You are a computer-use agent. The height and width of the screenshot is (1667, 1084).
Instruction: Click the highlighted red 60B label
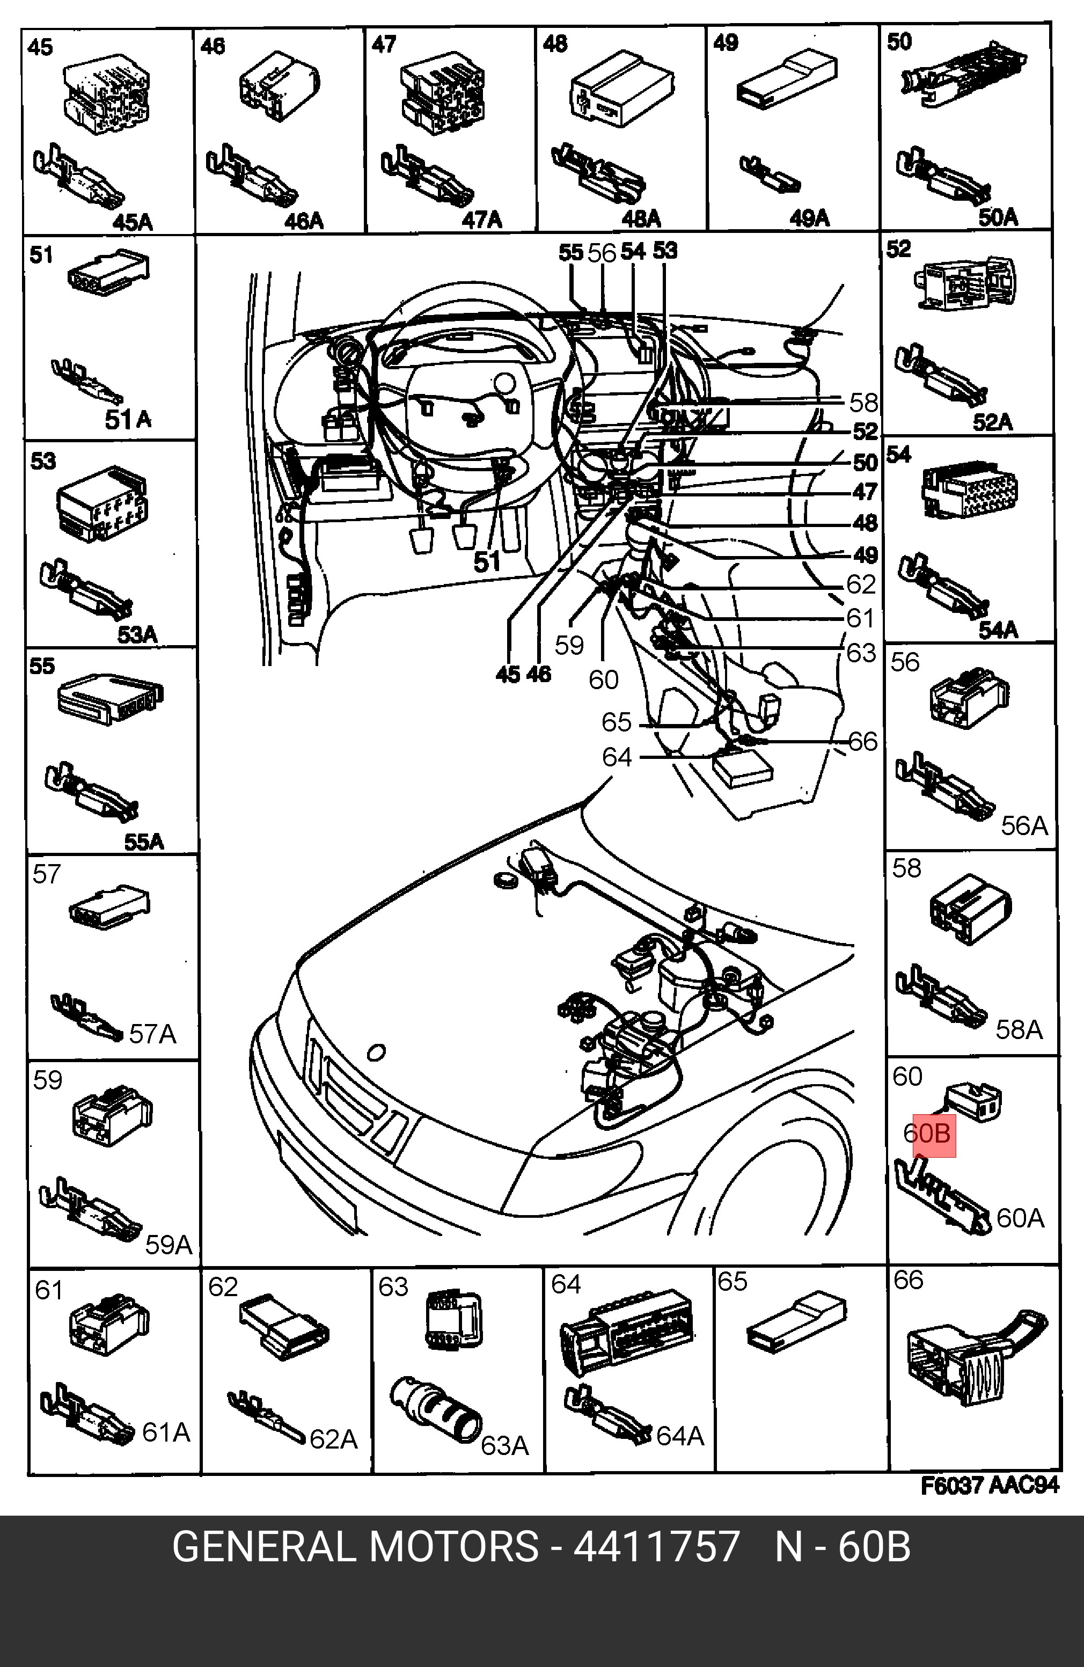point(933,1132)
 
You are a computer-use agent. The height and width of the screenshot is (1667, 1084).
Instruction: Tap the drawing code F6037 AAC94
point(989,1485)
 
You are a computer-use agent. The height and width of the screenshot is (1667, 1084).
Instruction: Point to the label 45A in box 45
point(133,223)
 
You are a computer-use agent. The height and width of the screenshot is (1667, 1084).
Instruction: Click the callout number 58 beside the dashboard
point(863,402)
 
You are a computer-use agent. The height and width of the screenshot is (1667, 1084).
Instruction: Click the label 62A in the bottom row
point(333,1439)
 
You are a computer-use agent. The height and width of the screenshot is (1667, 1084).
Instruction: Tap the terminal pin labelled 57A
point(87,1014)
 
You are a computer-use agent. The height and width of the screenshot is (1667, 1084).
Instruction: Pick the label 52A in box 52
point(992,422)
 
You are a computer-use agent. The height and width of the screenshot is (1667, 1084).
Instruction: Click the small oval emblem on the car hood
point(376,1052)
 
